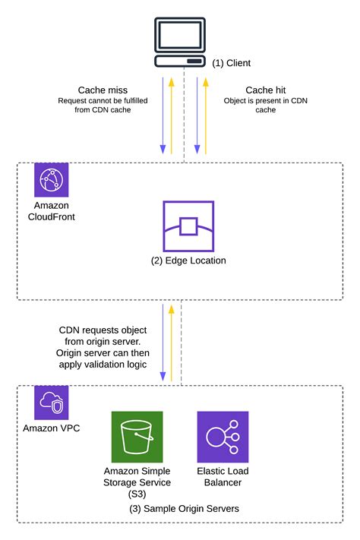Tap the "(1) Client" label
(x=231, y=63)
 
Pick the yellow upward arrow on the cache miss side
(x=172, y=114)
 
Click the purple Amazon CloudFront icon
(x=51, y=180)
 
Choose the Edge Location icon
(x=188, y=226)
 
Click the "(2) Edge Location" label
(x=188, y=261)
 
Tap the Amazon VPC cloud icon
(x=51, y=403)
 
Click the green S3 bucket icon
(x=137, y=437)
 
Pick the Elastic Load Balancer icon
(x=223, y=437)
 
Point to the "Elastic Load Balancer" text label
(x=223, y=476)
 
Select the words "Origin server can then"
(x=104, y=353)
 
